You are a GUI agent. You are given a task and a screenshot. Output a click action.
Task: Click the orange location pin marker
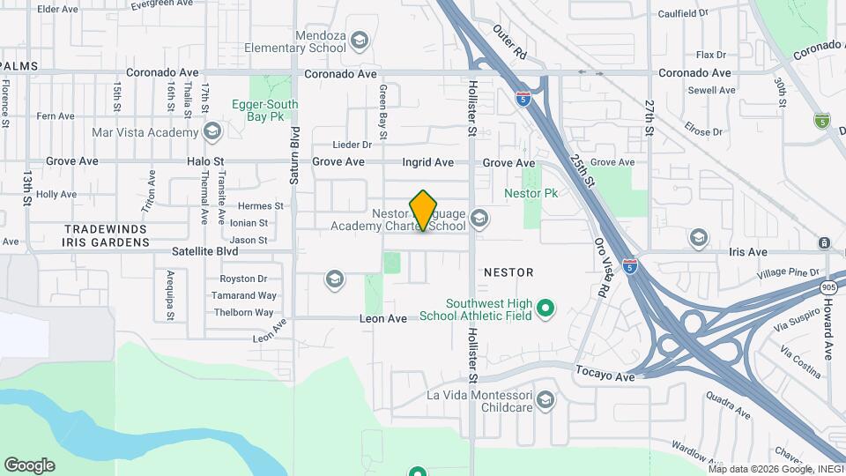tap(424, 211)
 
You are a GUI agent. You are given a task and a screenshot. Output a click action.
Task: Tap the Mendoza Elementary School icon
tap(359, 40)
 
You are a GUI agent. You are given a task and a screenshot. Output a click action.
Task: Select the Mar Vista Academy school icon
tap(211, 132)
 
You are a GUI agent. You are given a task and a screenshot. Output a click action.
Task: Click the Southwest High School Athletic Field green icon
tap(545, 309)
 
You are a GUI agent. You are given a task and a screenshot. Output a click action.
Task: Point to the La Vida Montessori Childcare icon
tap(545, 401)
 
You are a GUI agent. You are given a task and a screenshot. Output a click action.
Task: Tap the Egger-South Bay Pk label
tap(264, 109)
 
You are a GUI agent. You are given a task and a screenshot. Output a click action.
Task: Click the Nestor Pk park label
tap(531, 193)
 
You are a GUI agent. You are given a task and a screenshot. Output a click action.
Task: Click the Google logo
tap(29, 465)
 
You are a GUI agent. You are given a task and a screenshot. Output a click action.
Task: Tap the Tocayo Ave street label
tap(605, 376)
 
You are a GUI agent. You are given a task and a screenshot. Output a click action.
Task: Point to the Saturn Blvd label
tap(295, 156)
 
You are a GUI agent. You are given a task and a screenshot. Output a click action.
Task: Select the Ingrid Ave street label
tap(427, 162)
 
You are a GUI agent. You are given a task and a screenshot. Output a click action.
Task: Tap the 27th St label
tap(649, 114)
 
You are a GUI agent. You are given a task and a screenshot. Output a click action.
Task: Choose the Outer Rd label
tap(509, 42)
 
